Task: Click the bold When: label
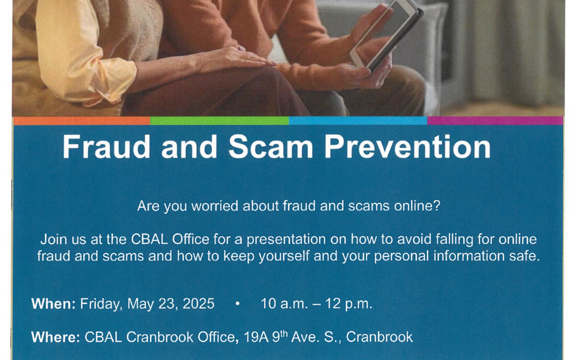(53, 304)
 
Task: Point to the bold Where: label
(55, 337)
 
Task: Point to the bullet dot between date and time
(237, 304)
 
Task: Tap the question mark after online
(437, 206)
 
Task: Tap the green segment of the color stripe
(219, 121)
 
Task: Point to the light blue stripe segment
(358, 121)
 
